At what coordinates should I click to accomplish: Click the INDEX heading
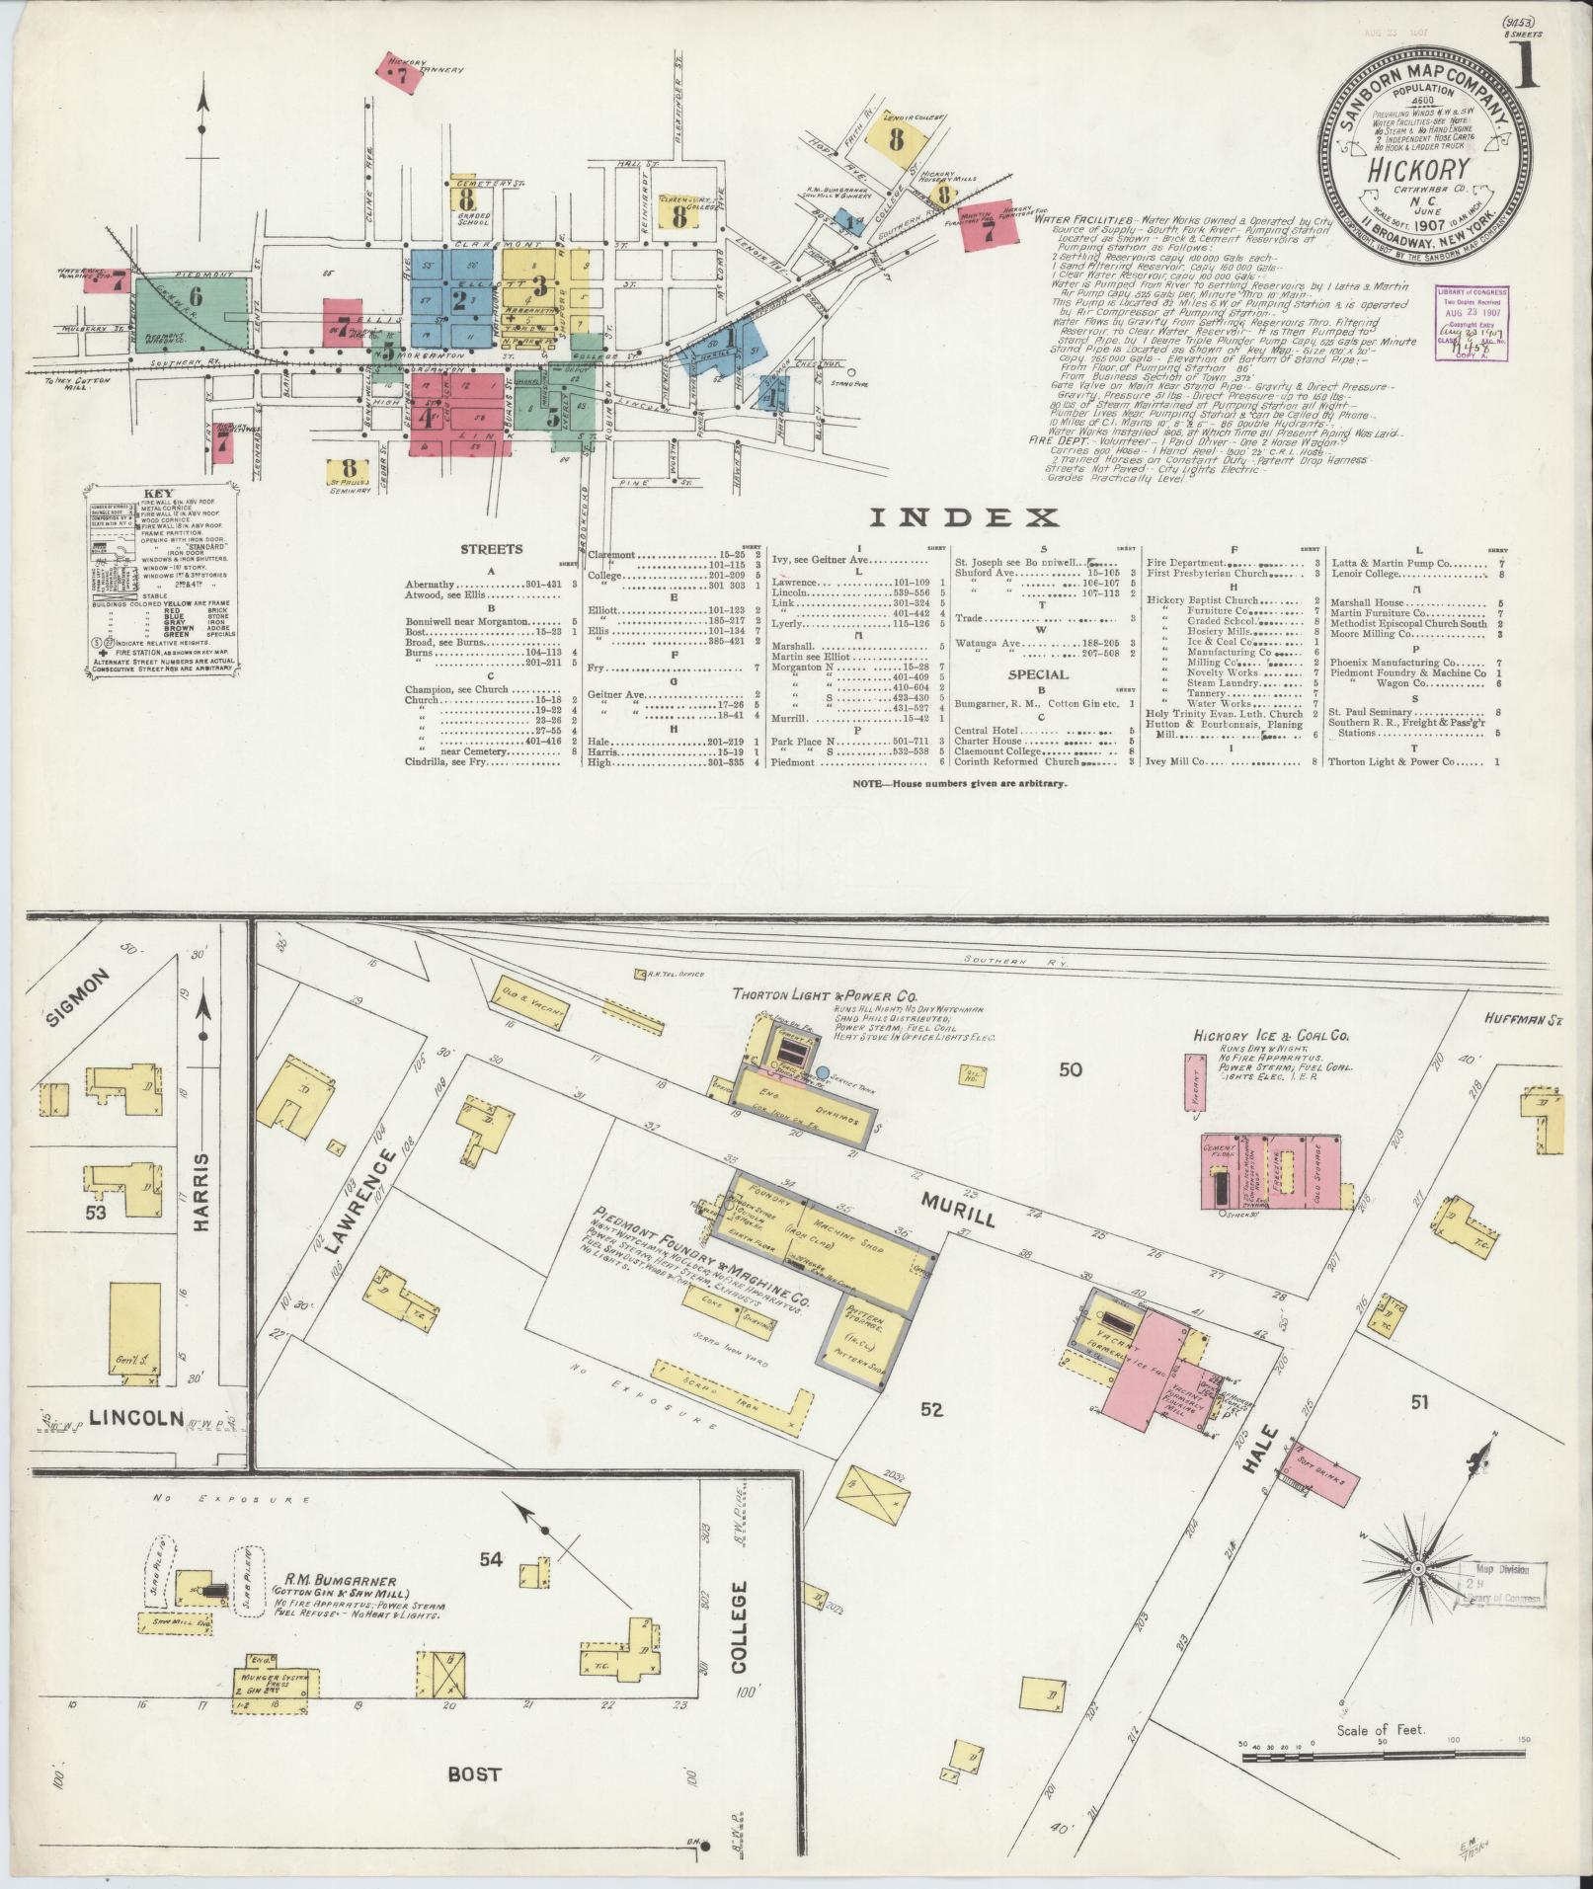click(x=964, y=517)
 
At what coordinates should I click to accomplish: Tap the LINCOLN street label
click(x=136, y=1418)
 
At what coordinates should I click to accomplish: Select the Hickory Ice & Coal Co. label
click(x=1270, y=1036)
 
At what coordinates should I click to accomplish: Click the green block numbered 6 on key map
click(x=195, y=295)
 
